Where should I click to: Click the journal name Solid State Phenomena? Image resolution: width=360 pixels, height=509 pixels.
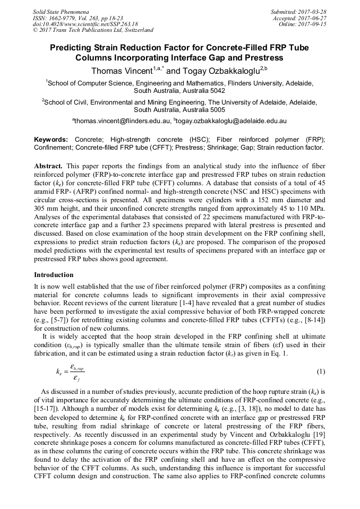(x=61, y=11)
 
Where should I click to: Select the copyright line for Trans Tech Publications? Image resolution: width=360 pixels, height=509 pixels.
(x=93, y=30)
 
